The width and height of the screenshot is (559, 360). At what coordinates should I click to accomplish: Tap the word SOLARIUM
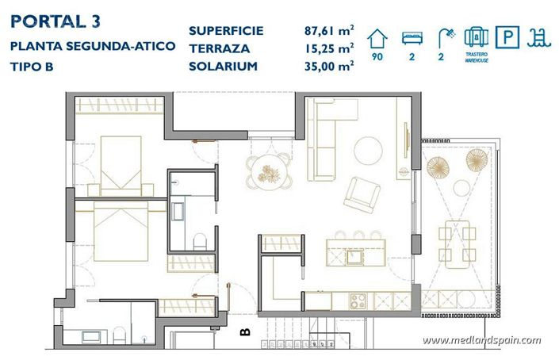click(223, 66)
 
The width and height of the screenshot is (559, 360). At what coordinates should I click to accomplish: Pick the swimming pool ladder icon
click(539, 36)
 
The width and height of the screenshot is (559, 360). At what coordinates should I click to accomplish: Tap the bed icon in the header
click(412, 36)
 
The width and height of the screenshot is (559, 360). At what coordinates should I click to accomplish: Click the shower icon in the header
click(445, 36)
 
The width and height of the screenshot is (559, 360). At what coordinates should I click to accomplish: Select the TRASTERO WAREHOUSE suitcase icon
click(475, 36)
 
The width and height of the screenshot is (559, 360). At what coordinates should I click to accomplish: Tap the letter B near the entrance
click(245, 332)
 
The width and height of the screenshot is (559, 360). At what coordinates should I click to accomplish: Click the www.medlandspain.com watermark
click(481, 341)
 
